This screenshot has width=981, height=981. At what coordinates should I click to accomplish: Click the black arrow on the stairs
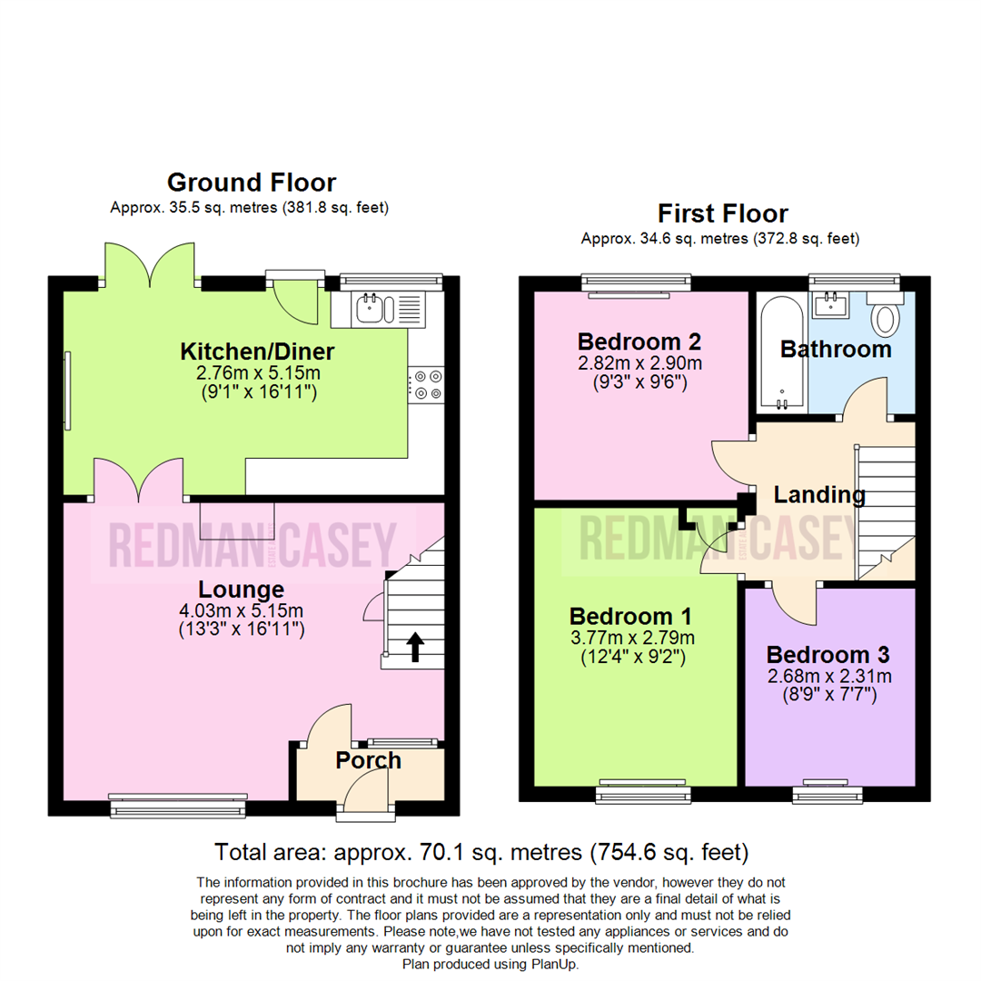tap(414, 647)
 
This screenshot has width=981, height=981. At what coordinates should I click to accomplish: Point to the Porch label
tap(369, 760)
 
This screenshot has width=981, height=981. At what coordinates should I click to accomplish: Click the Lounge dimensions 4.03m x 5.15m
tap(242, 609)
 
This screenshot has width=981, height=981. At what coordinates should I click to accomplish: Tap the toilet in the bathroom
tap(884, 318)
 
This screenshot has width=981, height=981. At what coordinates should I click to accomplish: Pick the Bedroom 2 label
tap(639, 342)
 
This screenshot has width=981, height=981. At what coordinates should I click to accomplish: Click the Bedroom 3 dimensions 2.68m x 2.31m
tap(827, 676)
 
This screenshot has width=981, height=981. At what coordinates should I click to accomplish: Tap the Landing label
tap(818, 495)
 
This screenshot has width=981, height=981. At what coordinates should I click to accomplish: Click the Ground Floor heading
tap(251, 183)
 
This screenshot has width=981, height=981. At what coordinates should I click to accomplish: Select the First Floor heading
tap(723, 213)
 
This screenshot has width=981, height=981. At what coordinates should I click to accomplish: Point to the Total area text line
tap(481, 852)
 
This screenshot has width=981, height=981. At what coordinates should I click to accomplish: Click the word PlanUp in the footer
tap(552, 964)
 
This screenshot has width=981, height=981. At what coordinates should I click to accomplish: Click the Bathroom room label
tap(836, 349)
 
